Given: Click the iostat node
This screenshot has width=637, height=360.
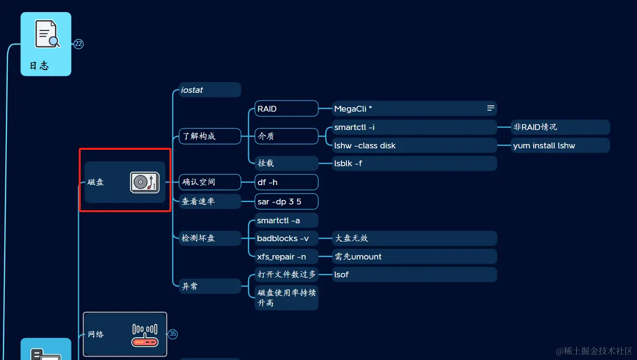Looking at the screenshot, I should tap(210, 90).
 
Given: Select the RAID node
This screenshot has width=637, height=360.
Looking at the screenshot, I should tap(286, 109).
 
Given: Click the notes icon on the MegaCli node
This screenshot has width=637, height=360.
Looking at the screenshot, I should tap(491, 108).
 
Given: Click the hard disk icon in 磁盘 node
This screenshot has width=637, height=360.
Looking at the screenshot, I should tap(145, 182).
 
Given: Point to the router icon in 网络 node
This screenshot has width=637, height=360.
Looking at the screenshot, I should tap(145, 335).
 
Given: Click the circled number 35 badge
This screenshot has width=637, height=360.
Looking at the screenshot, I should tap(172, 334).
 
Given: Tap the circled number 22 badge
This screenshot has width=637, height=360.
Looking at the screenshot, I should tap(79, 44).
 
